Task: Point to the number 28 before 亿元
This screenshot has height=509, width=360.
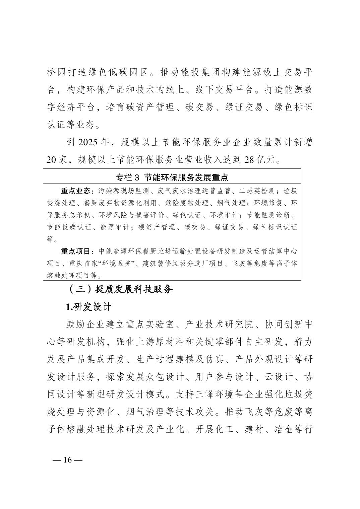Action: tap(250, 160)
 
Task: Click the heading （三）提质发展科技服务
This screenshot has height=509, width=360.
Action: tap(120, 289)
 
